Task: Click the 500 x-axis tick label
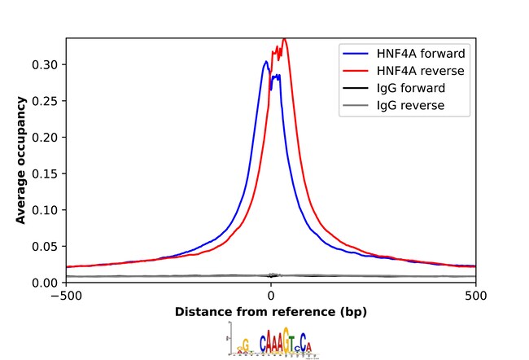(x=476, y=296)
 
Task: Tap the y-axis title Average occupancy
(x=22, y=160)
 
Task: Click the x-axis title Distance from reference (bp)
(x=271, y=312)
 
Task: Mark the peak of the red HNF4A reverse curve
(x=284, y=39)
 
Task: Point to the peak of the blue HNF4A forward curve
(x=266, y=61)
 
